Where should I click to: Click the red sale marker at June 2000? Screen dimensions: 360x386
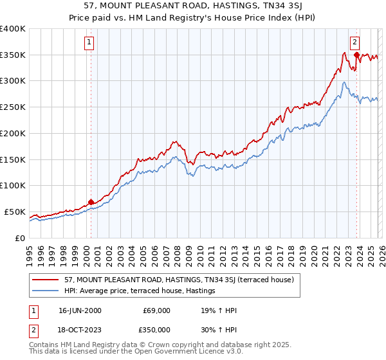click(91, 202)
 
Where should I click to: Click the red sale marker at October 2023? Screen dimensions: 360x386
click(356, 55)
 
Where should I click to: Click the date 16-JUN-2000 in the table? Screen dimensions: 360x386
click(78, 310)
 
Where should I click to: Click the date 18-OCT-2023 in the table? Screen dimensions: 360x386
click(78, 329)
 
